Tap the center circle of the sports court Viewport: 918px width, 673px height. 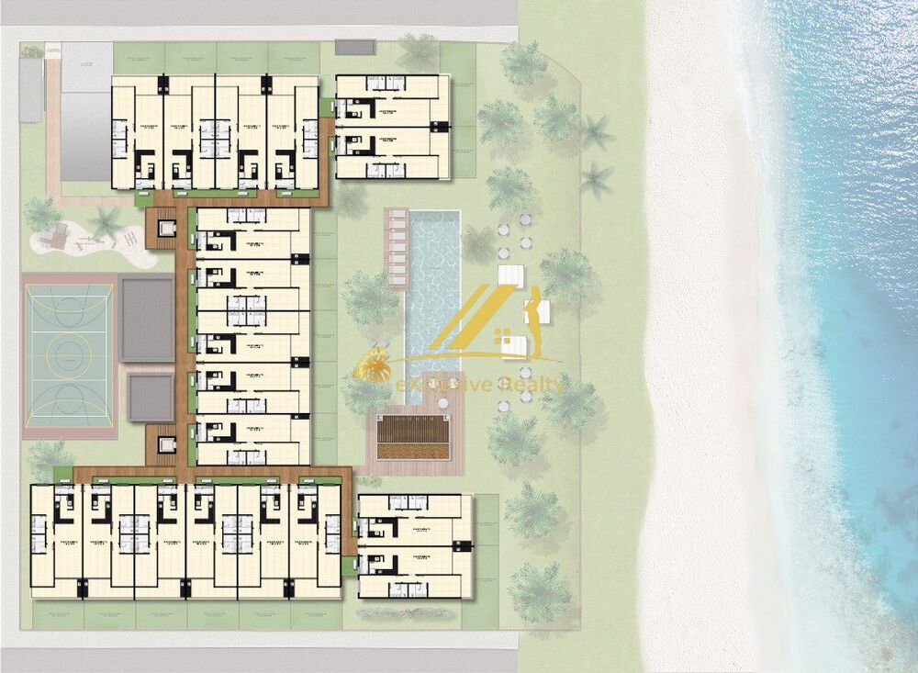(70, 350)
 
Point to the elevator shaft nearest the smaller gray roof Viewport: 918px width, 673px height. (167, 444)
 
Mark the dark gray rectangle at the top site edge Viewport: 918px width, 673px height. (355, 45)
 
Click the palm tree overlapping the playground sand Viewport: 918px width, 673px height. (106, 221)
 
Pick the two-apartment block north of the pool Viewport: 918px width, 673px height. (393, 127)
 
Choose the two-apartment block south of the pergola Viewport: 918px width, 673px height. (414, 545)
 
